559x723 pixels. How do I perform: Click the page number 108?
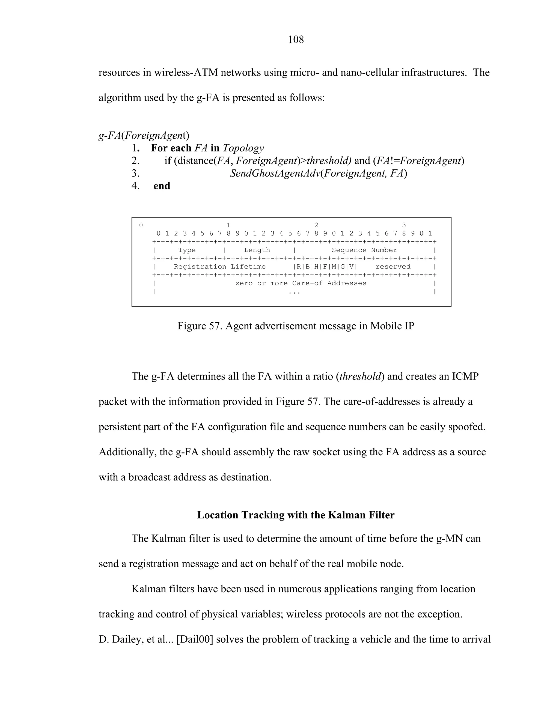click(x=296, y=40)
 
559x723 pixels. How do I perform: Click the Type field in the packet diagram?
click(x=187, y=250)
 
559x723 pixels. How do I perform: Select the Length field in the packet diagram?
click(x=257, y=250)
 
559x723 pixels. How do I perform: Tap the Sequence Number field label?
click(x=364, y=250)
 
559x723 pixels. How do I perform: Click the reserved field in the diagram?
click(x=393, y=267)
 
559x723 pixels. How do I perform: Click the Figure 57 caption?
click(x=296, y=326)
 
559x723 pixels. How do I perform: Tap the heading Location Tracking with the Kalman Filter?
click(x=296, y=515)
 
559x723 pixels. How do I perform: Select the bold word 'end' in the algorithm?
click(x=162, y=186)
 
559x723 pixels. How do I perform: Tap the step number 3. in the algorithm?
click(x=135, y=173)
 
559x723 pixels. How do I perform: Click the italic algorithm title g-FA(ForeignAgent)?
click(x=144, y=135)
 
